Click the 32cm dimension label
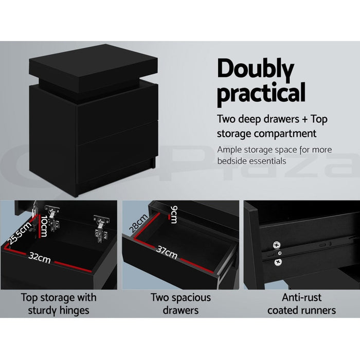coord(40,259)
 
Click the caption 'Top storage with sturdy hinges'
coord(58,303)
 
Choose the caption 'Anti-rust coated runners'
coord(301,303)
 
